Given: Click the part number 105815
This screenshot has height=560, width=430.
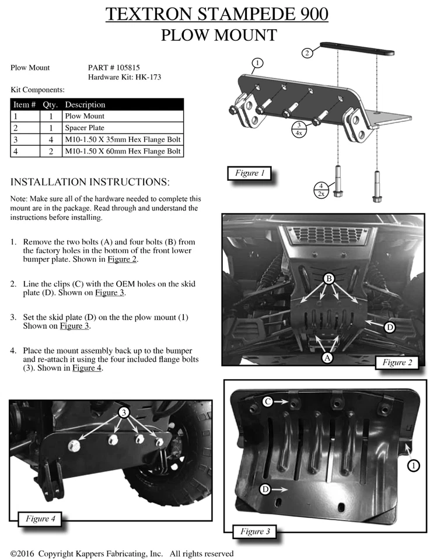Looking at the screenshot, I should pyautogui.click(x=126, y=68).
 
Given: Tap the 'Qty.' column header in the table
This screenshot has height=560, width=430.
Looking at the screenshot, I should pyautogui.click(x=50, y=105).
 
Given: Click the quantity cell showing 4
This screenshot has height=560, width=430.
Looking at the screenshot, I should pyautogui.click(x=49, y=139).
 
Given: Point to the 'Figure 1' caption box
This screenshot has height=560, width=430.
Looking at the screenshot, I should pyautogui.click(x=250, y=173).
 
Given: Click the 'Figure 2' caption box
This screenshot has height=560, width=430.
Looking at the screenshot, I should pyautogui.click(x=397, y=362).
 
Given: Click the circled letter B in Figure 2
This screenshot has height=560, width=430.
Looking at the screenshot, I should pyautogui.click(x=330, y=279).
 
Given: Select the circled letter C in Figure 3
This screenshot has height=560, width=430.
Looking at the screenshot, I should pyautogui.click(x=268, y=401).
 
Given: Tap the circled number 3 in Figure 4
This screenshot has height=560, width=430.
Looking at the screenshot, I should pyautogui.click(x=124, y=412).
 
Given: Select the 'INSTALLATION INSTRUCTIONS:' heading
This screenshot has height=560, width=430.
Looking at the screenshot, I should pyautogui.click(x=90, y=182).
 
